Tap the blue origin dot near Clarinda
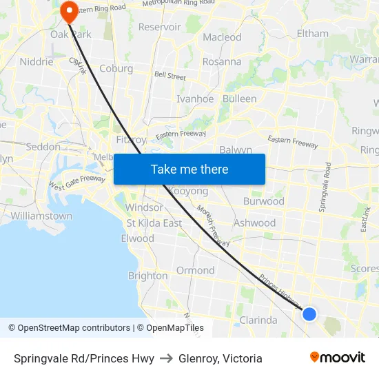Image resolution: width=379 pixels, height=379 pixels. [309, 314]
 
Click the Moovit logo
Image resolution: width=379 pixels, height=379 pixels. [338, 358]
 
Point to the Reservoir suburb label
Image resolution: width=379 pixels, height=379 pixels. [160, 27]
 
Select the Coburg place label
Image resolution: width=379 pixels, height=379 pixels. [116, 68]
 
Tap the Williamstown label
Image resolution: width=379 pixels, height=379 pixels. [41, 216]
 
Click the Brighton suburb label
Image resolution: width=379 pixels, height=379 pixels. [147, 276]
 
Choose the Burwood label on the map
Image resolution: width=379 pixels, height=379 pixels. [263, 202]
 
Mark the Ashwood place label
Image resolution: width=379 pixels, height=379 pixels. [254, 223]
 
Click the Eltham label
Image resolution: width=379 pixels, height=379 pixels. [312, 33]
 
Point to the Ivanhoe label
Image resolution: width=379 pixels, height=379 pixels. [195, 99]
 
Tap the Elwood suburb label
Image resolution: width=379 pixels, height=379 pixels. [137, 238]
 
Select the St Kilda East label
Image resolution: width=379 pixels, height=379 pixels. [154, 223]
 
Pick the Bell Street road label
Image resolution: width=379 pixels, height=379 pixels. [170, 76]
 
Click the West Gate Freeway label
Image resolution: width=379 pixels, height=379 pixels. [76, 183]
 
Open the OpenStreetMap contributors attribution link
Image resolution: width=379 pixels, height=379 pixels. [69, 328]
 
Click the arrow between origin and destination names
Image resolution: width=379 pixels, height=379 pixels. [166, 358]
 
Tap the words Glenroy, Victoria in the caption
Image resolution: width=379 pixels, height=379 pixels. [221, 358]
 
